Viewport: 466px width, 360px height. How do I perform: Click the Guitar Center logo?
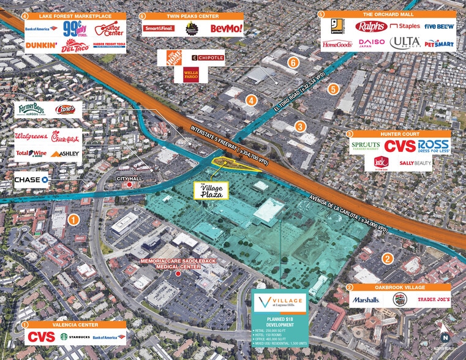110,28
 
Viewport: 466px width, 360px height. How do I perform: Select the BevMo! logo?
227,28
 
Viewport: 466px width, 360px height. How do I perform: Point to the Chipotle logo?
208,58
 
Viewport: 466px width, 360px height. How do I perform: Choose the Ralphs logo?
372,26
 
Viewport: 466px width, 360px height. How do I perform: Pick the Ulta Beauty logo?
406,43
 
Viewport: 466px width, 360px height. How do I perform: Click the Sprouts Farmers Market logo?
366,146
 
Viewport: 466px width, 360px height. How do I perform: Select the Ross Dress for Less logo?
433,146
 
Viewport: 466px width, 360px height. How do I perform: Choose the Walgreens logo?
31,136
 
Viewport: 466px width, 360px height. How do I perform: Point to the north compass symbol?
446,336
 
